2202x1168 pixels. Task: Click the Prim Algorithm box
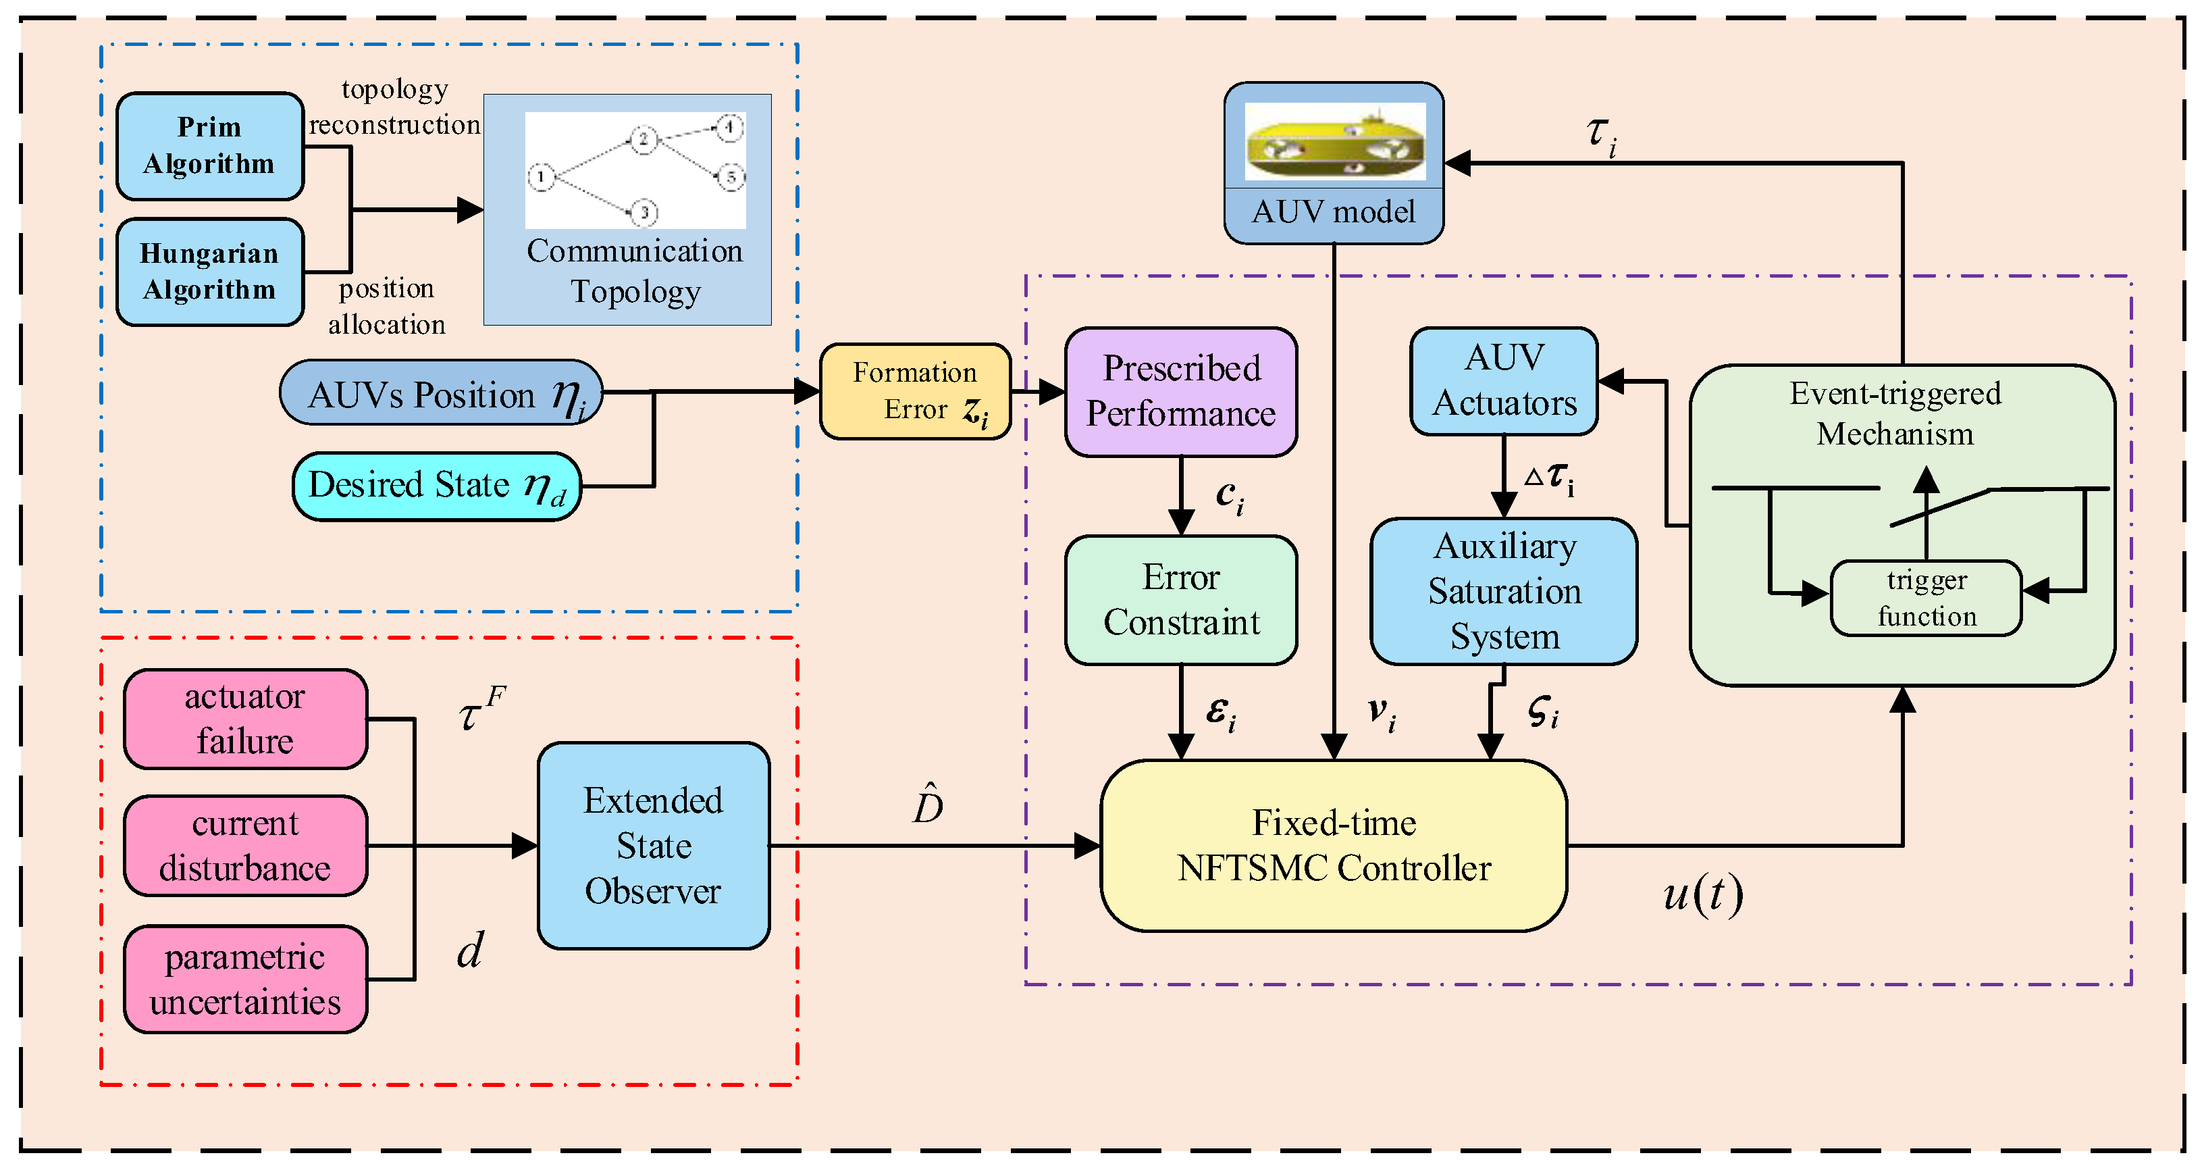[x=209, y=146]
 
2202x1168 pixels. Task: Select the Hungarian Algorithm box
[x=209, y=272]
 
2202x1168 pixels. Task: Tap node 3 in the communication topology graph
[x=644, y=211]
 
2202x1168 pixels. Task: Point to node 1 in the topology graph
[x=540, y=177]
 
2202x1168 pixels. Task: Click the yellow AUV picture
[x=1334, y=142]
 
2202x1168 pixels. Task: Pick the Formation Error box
[x=915, y=392]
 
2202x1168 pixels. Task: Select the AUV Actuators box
[x=1504, y=380]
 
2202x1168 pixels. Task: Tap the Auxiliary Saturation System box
[x=1504, y=592]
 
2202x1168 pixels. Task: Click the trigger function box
[x=1926, y=599]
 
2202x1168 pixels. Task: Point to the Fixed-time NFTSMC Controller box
[x=1334, y=846]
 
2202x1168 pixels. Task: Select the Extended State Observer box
[x=653, y=846]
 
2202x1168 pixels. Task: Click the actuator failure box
[x=245, y=719]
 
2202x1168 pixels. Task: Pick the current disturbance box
[x=245, y=846]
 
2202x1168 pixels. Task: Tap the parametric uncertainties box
[x=245, y=979]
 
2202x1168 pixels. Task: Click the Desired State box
[x=437, y=486]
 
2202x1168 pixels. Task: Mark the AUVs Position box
[x=441, y=393]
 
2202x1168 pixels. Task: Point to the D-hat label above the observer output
[x=928, y=804]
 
